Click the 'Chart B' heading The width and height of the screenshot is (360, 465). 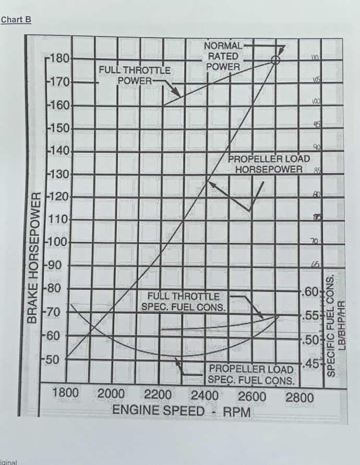pyautogui.click(x=16, y=20)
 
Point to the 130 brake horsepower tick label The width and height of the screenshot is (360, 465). pyautogui.click(x=59, y=174)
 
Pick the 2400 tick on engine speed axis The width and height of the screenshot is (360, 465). pyautogui.click(x=205, y=395)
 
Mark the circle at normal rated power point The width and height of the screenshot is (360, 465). pyautogui.click(x=275, y=60)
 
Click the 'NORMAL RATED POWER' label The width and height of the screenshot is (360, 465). pyautogui.click(x=223, y=56)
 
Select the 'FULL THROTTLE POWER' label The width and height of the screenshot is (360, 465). pyautogui.click(x=135, y=75)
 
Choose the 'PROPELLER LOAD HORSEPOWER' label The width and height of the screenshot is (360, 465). pyautogui.click(x=269, y=164)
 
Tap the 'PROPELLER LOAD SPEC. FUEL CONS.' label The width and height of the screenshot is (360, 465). pyautogui.click(x=251, y=374)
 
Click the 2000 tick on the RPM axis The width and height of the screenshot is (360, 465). pyautogui.click(x=111, y=394)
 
